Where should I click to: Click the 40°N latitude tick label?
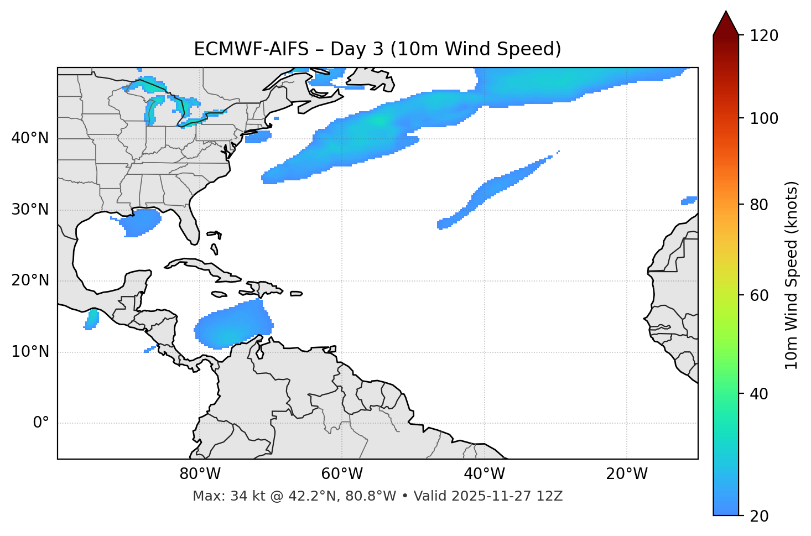[x=30, y=138]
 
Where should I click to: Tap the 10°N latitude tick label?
[x=30, y=352]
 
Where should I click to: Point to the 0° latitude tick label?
[x=41, y=423]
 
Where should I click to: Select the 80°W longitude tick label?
[x=200, y=474]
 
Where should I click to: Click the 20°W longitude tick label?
[x=627, y=474]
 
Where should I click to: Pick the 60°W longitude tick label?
[x=342, y=474]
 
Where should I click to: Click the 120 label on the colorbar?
[x=763, y=36]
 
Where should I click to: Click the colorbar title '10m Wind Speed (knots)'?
[x=792, y=275]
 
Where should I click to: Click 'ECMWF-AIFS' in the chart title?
[x=251, y=49]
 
